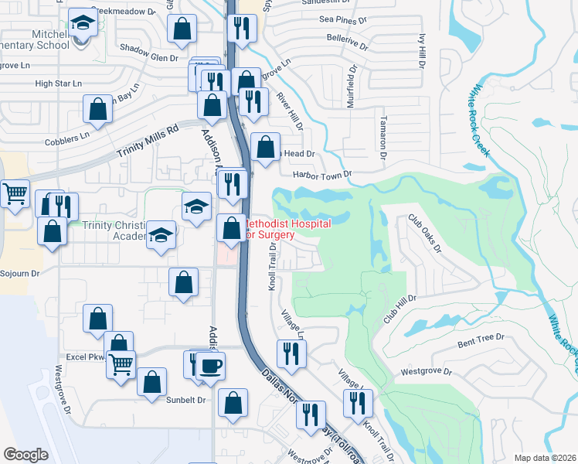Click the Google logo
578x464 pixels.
(25, 455)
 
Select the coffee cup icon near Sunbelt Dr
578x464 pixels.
(209, 366)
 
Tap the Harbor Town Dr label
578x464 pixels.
(322, 174)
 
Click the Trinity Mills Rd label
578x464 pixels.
(148, 142)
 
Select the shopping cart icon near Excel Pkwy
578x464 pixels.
(121, 363)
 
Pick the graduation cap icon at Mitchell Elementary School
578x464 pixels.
(81, 24)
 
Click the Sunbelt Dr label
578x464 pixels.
(187, 400)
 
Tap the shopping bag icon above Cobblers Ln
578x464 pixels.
(98, 111)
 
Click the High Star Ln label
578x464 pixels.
(58, 83)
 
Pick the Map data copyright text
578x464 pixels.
(546, 458)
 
